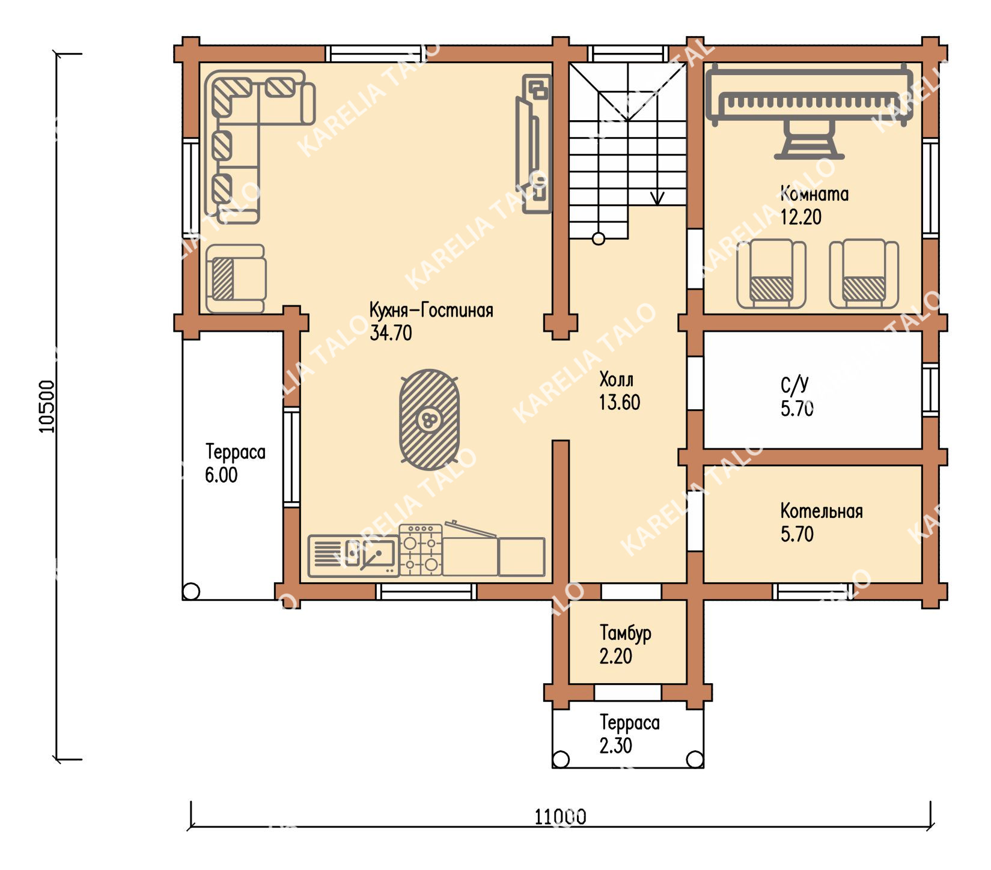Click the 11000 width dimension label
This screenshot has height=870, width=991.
(x=560, y=817)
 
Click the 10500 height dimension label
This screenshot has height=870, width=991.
(x=47, y=406)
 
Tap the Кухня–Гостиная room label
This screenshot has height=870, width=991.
(x=431, y=311)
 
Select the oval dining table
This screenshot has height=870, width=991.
(x=430, y=419)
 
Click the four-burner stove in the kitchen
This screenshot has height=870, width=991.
(x=421, y=550)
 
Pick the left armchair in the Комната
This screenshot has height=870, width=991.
(x=771, y=274)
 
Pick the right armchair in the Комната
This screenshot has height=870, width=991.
(x=864, y=274)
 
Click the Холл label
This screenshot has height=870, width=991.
(x=616, y=380)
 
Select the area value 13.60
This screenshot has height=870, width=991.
(x=620, y=403)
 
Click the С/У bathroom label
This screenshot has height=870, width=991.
(x=794, y=385)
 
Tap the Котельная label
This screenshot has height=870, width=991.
(x=822, y=511)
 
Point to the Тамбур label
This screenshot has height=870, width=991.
(x=625, y=633)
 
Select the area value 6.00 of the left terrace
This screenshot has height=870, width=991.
(x=221, y=475)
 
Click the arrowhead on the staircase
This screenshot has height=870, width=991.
(x=657, y=198)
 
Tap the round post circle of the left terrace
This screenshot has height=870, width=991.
(x=191, y=591)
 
